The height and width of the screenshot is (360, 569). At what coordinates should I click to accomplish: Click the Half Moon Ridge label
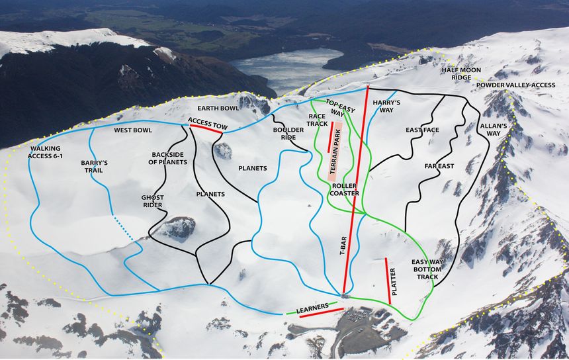pyautogui.click(x=466, y=73)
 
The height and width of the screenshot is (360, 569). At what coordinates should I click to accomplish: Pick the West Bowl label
pyautogui.click(x=132, y=130)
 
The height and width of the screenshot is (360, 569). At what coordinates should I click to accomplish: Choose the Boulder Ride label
pyautogui.click(x=288, y=134)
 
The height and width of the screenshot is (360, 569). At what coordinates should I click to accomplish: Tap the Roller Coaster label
pyautogui.click(x=345, y=189)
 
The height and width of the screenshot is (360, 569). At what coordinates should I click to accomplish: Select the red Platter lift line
pyautogui.click(x=388, y=281)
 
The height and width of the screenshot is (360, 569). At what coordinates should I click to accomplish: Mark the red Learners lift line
pyautogui.click(x=322, y=312)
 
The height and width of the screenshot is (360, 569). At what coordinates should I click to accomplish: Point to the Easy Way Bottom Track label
pyautogui.click(x=427, y=269)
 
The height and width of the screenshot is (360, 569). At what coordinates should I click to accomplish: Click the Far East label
pyautogui.click(x=439, y=165)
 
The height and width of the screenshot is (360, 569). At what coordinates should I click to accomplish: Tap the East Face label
pyautogui.click(x=422, y=130)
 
